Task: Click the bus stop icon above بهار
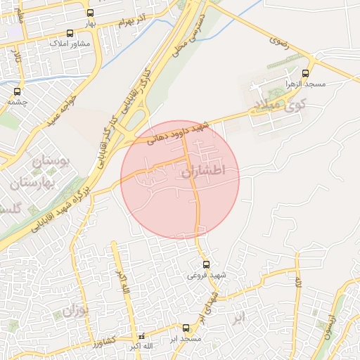(90, 13)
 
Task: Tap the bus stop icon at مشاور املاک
(69, 33)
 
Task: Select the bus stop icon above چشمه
(17, 91)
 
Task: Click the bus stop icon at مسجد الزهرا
(304, 73)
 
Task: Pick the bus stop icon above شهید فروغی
(205, 264)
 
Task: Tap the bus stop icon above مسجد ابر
(186, 328)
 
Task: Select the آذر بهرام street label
(133, 18)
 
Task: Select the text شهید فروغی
(205, 276)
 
